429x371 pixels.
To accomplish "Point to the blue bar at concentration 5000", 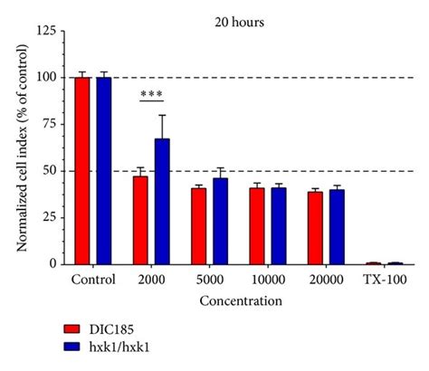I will [220, 221].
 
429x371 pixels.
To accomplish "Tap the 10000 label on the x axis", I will [267, 280].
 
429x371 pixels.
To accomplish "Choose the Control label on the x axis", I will [93, 280].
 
